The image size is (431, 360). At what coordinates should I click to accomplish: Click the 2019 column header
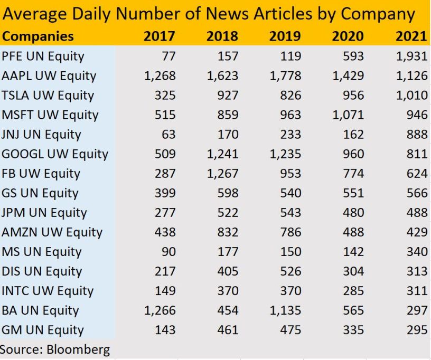285,36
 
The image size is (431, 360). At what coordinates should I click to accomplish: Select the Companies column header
38,36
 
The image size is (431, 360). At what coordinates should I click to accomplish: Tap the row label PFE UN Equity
43,56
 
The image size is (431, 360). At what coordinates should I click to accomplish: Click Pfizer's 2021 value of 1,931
411,56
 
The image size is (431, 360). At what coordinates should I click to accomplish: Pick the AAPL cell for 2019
285,75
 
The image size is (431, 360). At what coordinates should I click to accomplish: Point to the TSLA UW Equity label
48,95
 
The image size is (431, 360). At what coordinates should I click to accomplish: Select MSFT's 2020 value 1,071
348,115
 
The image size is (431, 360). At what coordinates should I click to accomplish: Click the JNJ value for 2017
168,134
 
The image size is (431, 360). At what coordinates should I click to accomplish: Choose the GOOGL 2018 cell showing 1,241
222,154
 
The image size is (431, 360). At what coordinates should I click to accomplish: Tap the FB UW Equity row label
41,173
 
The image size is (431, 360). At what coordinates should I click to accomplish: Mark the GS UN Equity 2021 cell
417,193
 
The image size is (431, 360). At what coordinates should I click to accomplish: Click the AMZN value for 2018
228,232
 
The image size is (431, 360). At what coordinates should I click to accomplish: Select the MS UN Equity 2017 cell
168,251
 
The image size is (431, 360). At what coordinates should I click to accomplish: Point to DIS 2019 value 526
291,271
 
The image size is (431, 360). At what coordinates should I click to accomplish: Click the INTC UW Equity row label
48,290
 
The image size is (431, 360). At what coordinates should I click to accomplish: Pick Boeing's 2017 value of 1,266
160,310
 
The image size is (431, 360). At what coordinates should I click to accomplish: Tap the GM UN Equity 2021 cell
417,329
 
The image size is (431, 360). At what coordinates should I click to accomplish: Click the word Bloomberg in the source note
78,349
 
